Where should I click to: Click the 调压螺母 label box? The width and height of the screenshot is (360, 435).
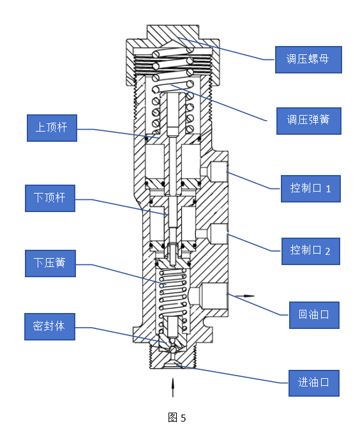click(x=308, y=59)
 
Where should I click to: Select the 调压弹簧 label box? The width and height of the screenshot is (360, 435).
click(x=309, y=121)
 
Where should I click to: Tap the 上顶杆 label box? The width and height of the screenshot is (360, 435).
click(x=52, y=128)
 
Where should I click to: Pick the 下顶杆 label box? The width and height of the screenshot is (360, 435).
click(x=50, y=198)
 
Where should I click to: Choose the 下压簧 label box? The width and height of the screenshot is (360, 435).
click(x=50, y=263)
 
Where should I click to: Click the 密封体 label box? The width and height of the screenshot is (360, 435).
click(x=50, y=326)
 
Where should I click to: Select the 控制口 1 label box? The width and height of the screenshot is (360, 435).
click(x=311, y=188)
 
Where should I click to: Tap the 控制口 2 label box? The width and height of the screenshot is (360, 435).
click(x=311, y=251)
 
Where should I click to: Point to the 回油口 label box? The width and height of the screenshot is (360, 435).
click(x=314, y=315)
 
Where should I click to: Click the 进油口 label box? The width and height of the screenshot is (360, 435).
click(x=313, y=383)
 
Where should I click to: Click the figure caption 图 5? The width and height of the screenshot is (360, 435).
click(x=177, y=418)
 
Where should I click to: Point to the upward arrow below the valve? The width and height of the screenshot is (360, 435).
click(x=172, y=387)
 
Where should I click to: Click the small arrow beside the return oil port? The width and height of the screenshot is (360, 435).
click(x=244, y=296)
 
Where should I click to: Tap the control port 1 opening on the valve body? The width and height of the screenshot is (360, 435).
click(x=219, y=171)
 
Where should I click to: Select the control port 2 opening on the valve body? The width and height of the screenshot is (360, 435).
click(x=219, y=234)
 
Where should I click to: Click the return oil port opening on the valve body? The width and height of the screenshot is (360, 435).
click(x=214, y=296)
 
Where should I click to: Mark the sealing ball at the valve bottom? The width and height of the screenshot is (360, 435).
click(x=172, y=349)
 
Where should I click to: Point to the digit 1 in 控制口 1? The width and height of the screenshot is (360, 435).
click(x=328, y=189)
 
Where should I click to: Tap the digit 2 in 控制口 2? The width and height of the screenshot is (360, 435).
click(x=327, y=251)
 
